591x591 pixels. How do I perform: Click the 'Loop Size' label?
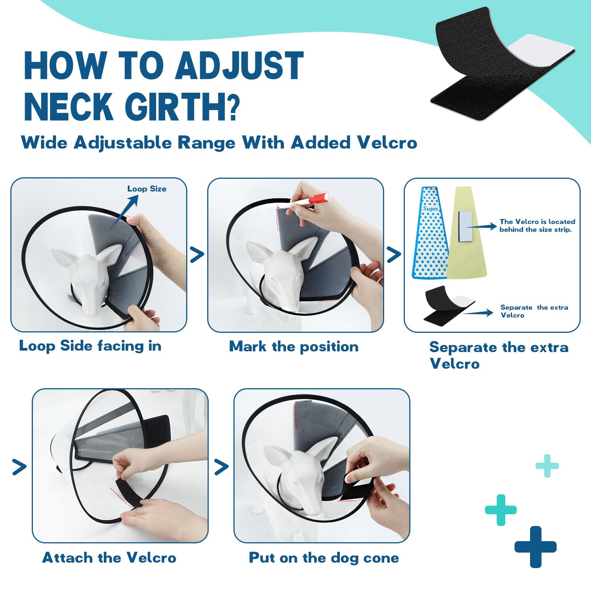(x=147, y=189)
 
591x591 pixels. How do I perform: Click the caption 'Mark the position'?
(x=294, y=346)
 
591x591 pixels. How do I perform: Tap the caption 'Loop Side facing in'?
(x=90, y=346)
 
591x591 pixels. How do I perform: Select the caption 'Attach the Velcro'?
(x=109, y=557)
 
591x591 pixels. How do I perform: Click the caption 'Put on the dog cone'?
(x=324, y=557)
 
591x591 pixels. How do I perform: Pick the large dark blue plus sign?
(x=535, y=547)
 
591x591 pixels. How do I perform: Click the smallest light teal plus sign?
(x=547, y=466)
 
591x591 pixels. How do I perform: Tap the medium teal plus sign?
(x=501, y=510)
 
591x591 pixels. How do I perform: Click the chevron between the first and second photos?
(x=197, y=255)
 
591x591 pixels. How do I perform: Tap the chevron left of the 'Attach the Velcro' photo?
(x=19, y=467)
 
